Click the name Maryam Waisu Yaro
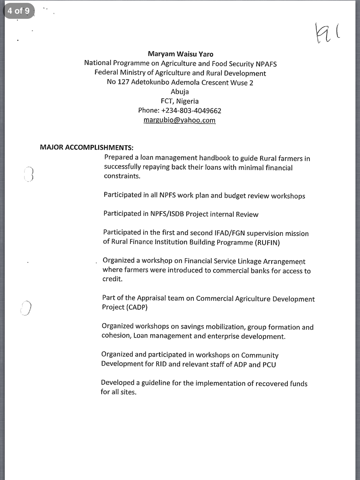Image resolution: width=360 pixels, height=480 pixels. click(180, 54)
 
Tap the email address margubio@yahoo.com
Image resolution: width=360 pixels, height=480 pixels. click(179, 120)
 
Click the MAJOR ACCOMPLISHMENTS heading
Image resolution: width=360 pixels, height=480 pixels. click(87, 147)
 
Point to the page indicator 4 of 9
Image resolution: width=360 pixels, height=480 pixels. click(18, 11)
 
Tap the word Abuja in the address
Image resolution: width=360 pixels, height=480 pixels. click(180, 92)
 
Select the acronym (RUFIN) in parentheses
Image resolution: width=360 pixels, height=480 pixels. click(267, 243)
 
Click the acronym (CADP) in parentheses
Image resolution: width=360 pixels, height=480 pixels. click(136, 307)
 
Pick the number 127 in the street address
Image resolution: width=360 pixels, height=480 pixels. click(123, 82)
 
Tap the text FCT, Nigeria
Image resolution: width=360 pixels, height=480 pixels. click(180, 101)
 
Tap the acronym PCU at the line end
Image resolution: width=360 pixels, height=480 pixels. click(269, 364)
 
